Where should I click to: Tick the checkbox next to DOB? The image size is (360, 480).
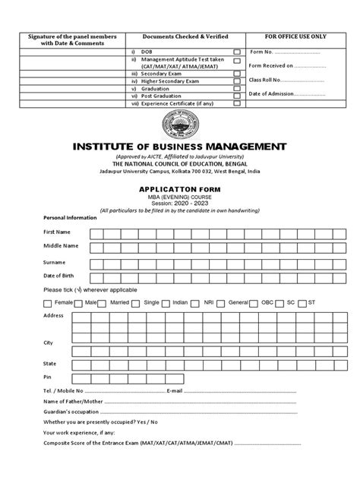(x=237, y=51)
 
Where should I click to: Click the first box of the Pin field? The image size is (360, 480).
(x=78, y=377)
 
